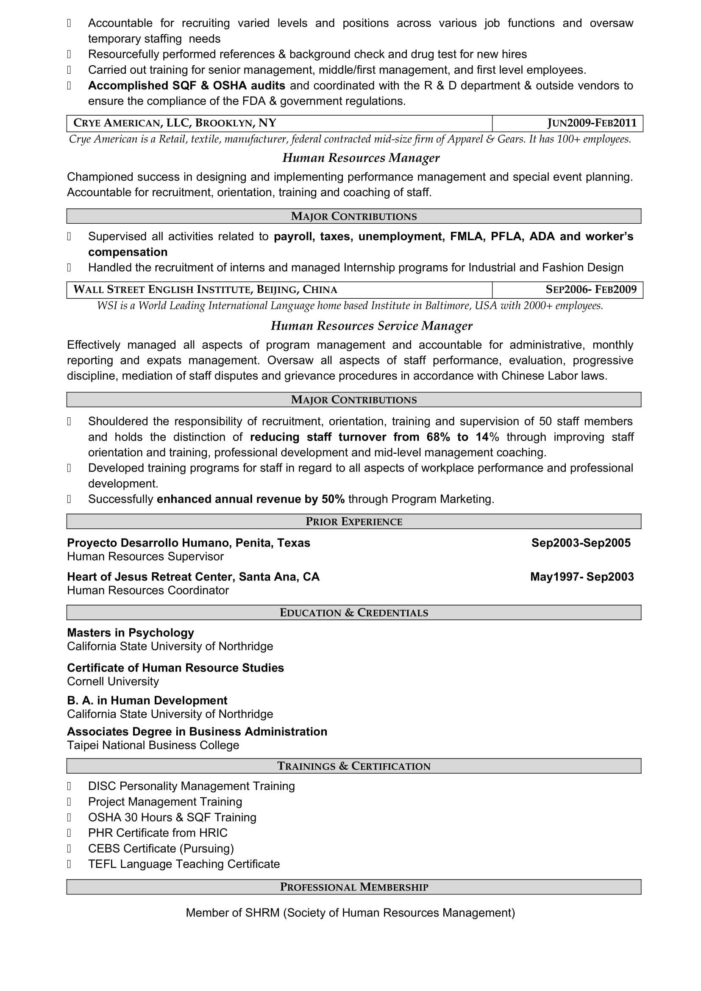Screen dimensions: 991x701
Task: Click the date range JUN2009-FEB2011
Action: (592, 123)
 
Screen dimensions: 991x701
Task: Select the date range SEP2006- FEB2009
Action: (591, 290)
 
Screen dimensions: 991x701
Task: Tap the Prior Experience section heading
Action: (353, 522)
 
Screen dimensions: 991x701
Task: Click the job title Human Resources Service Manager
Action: (371, 326)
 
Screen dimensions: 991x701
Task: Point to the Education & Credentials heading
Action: (353, 613)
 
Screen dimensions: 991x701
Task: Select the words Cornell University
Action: (113, 681)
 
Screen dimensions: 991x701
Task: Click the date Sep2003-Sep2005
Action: (581, 543)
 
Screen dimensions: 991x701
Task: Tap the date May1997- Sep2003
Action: (581, 577)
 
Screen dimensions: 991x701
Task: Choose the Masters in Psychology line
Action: (131, 633)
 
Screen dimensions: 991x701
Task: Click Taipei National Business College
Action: (153, 745)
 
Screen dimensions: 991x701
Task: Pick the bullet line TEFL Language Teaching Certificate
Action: (184, 863)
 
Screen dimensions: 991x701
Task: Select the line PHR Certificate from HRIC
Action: (158, 833)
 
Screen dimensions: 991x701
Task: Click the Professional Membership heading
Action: (353, 886)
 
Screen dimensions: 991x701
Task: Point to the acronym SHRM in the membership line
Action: (262, 913)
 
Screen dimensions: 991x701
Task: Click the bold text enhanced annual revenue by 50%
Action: (250, 499)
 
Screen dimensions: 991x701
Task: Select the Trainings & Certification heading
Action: (353, 766)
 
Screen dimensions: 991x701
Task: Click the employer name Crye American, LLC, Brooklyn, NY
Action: (175, 123)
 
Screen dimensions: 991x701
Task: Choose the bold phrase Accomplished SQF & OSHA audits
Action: (186, 86)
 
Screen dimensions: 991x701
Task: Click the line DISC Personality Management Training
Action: (191, 786)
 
